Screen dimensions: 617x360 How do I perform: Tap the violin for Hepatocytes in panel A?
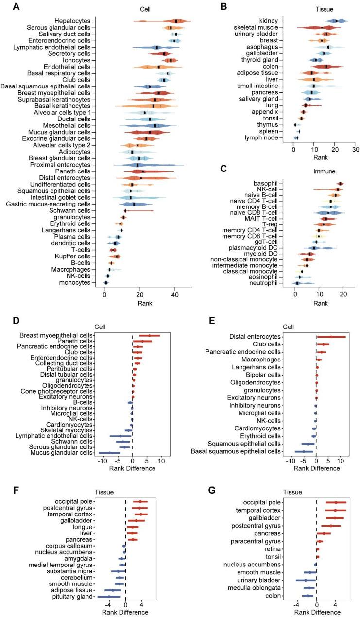175,21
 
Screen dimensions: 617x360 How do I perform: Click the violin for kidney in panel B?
336,21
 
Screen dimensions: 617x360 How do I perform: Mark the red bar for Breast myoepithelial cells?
149,335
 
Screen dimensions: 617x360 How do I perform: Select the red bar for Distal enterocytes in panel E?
331,336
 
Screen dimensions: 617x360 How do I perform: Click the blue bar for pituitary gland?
109,596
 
